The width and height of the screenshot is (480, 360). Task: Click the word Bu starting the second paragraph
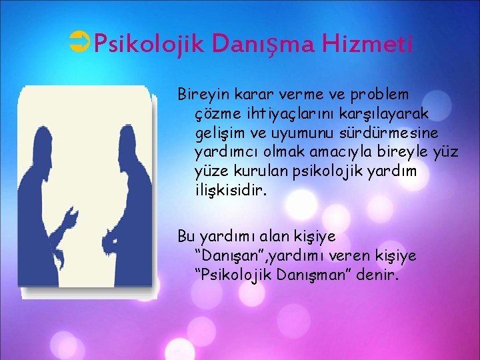pos(185,236)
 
